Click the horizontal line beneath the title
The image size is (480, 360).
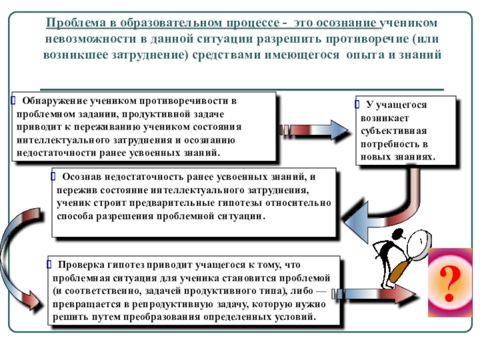coord(240,88)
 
